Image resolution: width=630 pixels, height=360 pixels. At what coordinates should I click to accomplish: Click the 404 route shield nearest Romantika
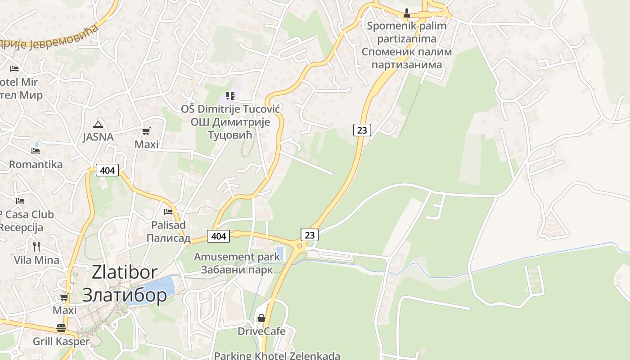point(107,170)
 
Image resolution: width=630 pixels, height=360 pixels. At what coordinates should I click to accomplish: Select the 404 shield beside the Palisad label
point(218,235)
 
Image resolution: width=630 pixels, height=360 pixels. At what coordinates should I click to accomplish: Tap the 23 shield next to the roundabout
point(310,234)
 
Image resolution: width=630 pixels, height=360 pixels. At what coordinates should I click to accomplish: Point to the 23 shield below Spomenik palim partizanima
point(362,130)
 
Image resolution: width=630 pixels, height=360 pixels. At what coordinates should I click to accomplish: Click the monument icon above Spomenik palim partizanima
point(407,13)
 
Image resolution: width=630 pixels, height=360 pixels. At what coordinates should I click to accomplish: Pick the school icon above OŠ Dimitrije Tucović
point(230,95)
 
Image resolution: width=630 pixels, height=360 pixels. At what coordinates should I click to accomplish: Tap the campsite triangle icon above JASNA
point(98,124)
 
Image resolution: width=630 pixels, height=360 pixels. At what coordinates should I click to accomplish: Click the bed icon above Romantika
point(36,151)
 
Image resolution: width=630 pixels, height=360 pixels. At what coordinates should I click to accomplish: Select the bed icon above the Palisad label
point(168,211)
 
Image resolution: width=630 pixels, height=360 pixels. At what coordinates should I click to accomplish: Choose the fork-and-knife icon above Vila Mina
point(36,246)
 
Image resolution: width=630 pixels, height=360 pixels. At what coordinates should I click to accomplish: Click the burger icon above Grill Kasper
point(61,328)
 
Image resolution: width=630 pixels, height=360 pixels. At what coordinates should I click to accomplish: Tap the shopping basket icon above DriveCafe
point(261,318)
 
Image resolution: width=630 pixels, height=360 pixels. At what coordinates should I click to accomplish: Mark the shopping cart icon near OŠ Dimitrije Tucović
point(146,131)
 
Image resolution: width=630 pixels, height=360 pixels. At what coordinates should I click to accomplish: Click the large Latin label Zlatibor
point(125,272)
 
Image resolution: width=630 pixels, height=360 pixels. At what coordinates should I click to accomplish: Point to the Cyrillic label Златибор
point(125,295)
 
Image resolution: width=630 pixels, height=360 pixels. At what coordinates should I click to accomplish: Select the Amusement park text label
point(237,257)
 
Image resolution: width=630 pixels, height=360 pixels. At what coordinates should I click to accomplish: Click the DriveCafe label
point(261,332)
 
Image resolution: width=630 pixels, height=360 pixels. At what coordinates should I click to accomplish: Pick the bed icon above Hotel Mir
point(14,69)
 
